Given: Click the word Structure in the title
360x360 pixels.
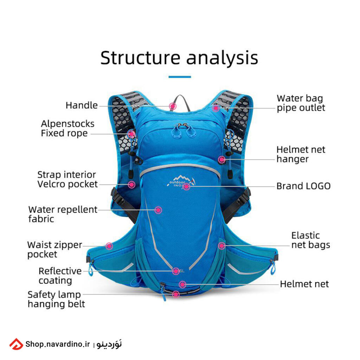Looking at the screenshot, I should click(140, 58).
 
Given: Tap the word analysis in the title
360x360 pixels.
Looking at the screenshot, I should click(222, 59).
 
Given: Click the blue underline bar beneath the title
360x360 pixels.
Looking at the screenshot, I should click(180, 77).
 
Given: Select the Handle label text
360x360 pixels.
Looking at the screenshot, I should click(82, 105).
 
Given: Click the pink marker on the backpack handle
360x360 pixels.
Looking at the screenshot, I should click(173, 105).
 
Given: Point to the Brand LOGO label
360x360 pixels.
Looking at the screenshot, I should click(303, 186).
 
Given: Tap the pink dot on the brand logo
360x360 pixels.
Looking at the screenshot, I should click(187, 187).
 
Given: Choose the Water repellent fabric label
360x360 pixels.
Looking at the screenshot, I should click(63, 214).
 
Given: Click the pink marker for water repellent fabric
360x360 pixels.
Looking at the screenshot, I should click(158, 210).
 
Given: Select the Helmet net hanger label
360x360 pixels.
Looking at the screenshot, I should click(301, 154).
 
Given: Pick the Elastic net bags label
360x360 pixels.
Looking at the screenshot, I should click(310, 240).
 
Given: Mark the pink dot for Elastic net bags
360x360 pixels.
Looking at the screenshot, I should click(221, 246).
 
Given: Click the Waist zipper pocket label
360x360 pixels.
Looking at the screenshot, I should click(54, 249).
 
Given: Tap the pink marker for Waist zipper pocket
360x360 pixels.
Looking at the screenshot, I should click(109, 246).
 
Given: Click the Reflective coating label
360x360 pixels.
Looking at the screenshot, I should click(59, 276).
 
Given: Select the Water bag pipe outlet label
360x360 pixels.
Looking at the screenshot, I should click(301, 103).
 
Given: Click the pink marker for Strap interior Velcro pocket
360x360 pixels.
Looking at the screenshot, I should click(131, 184).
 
